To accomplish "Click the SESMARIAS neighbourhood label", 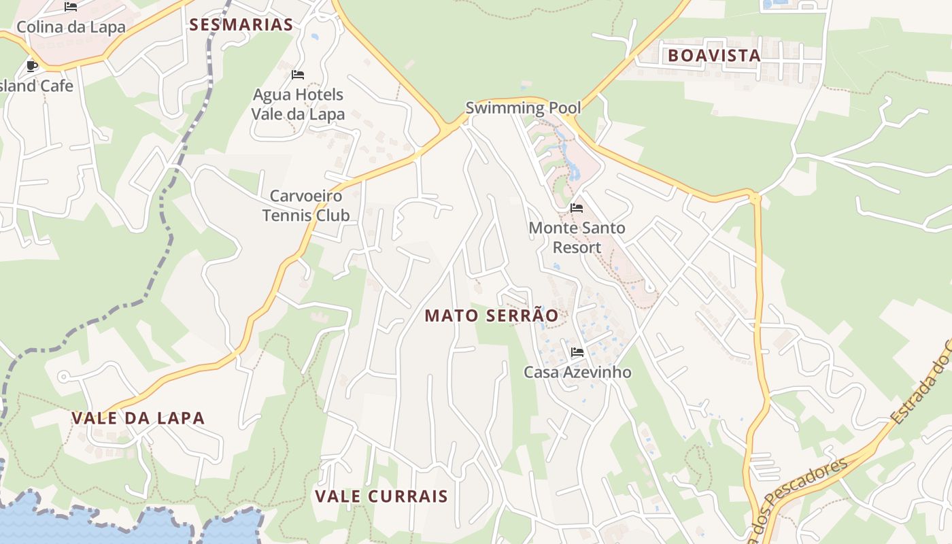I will (x=241, y=25).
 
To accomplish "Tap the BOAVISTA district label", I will (x=714, y=56).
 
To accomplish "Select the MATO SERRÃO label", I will (x=492, y=316).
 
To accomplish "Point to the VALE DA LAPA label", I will (x=138, y=418).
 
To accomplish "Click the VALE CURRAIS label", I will (x=381, y=496).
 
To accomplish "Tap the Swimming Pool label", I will (x=523, y=107).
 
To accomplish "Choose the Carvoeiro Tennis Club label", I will (x=306, y=205).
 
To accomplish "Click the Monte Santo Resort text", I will (x=577, y=237).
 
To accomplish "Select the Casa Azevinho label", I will (x=577, y=372).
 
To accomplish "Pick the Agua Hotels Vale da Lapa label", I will (x=298, y=104).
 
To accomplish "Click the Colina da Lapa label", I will (x=71, y=27).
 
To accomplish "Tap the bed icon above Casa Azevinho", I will (x=577, y=352).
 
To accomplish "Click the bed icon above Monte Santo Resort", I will (x=577, y=207).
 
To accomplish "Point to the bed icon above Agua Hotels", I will (x=297, y=74).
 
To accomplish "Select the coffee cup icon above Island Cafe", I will (x=31, y=66).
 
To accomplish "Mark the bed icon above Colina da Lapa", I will (x=71, y=7).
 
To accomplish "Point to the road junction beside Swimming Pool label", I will (x=449, y=127).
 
